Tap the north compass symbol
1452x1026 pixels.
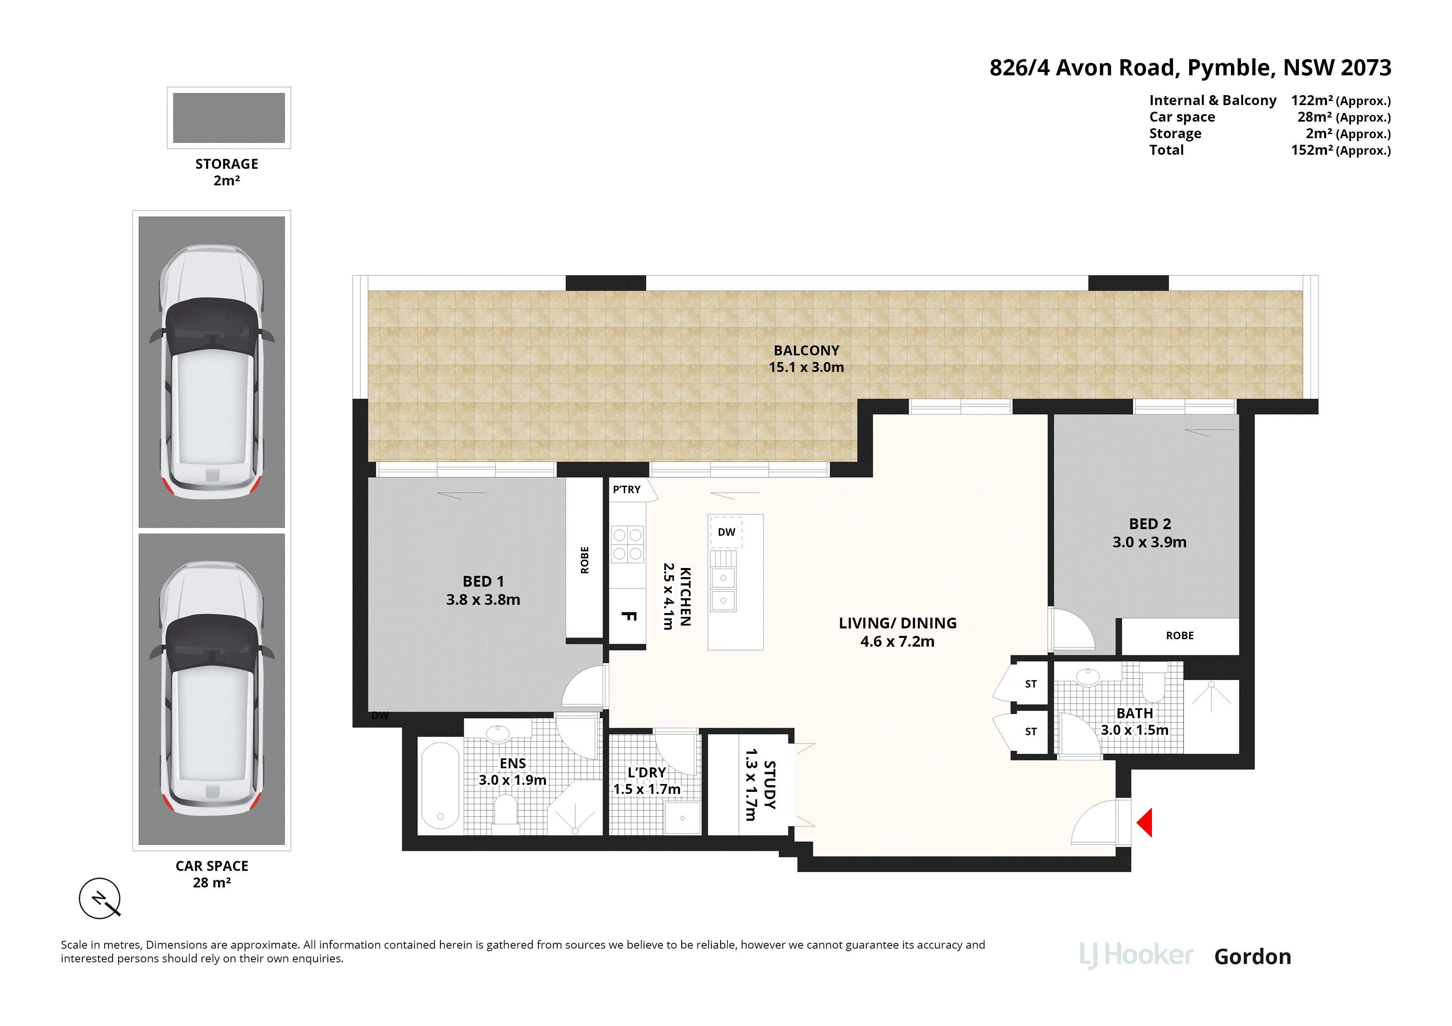[x=99, y=898]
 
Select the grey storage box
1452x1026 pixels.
[x=228, y=118]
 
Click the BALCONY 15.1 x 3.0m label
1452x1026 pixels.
[x=806, y=358]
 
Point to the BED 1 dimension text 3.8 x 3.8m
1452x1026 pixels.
[x=483, y=599]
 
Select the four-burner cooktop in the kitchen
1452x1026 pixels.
[x=627, y=544]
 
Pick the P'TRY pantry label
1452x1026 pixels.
[x=626, y=489]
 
